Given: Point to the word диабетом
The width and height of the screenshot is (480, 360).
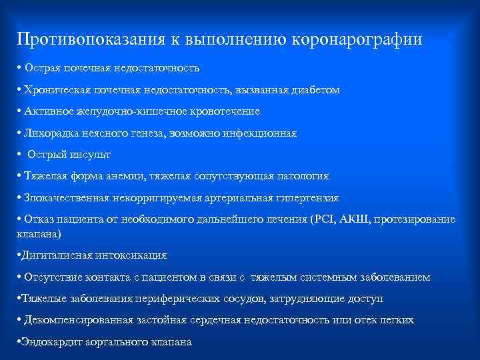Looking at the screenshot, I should click(317, 89).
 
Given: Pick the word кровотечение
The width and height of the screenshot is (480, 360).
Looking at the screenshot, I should click(225, 111).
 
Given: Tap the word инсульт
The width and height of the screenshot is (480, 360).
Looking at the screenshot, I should click(90, 155).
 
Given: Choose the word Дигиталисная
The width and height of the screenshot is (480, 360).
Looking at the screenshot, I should click(53, 255).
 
